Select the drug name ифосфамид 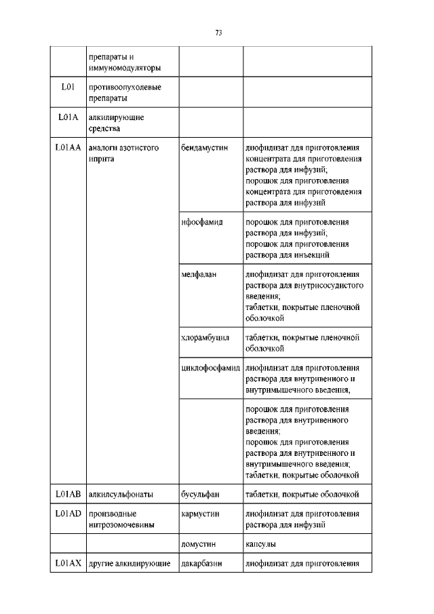click(202, 223)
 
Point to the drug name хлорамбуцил click(206, 337)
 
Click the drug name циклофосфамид click(211, 368)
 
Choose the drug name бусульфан click(200, 493)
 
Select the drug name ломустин click(197, 544)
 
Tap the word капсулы click(260, 544)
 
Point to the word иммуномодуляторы click(124, 68)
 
